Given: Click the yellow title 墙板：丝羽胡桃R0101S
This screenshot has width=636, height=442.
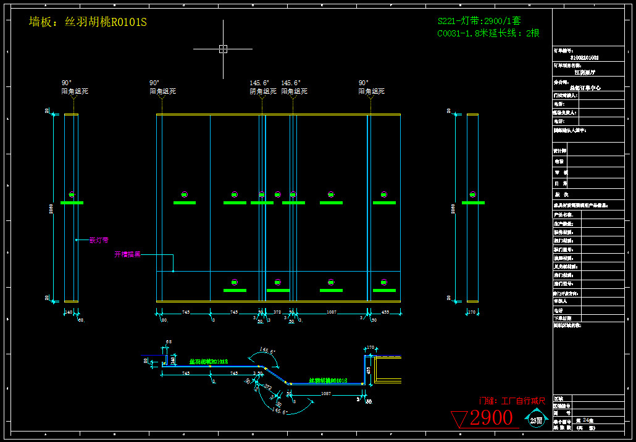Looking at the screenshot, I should [x=88, y=22].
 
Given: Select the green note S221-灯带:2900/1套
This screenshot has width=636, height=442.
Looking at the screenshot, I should [x=479, y=20].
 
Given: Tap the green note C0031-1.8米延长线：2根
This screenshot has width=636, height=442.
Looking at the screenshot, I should [x=488, y=33].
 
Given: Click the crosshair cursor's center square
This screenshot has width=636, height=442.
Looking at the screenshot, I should [x=223, y=49].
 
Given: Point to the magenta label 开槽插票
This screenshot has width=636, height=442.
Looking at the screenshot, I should [x=127, y=254].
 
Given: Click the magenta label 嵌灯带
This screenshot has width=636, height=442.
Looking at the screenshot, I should [x=99, y=240].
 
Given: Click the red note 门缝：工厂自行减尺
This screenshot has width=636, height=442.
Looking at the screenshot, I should [x=513, y=401].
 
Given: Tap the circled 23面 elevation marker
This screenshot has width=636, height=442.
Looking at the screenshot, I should [x=536, y=420].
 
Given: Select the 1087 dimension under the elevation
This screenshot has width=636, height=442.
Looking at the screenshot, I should [x=332, y=312].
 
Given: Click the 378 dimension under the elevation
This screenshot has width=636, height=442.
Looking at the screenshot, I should [x=277, y=312].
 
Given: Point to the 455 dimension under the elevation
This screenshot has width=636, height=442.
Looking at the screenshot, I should [x=385, y=312].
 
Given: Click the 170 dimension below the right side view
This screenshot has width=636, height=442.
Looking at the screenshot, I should [x=473, y=312].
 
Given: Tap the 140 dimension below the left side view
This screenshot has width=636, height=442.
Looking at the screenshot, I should [x=69, y=312].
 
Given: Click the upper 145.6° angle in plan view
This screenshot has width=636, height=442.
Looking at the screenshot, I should [x=267, y=351].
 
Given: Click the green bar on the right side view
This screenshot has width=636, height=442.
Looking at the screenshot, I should [x=473, y=202].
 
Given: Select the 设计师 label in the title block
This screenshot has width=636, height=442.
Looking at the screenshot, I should [x=561, y=151].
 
